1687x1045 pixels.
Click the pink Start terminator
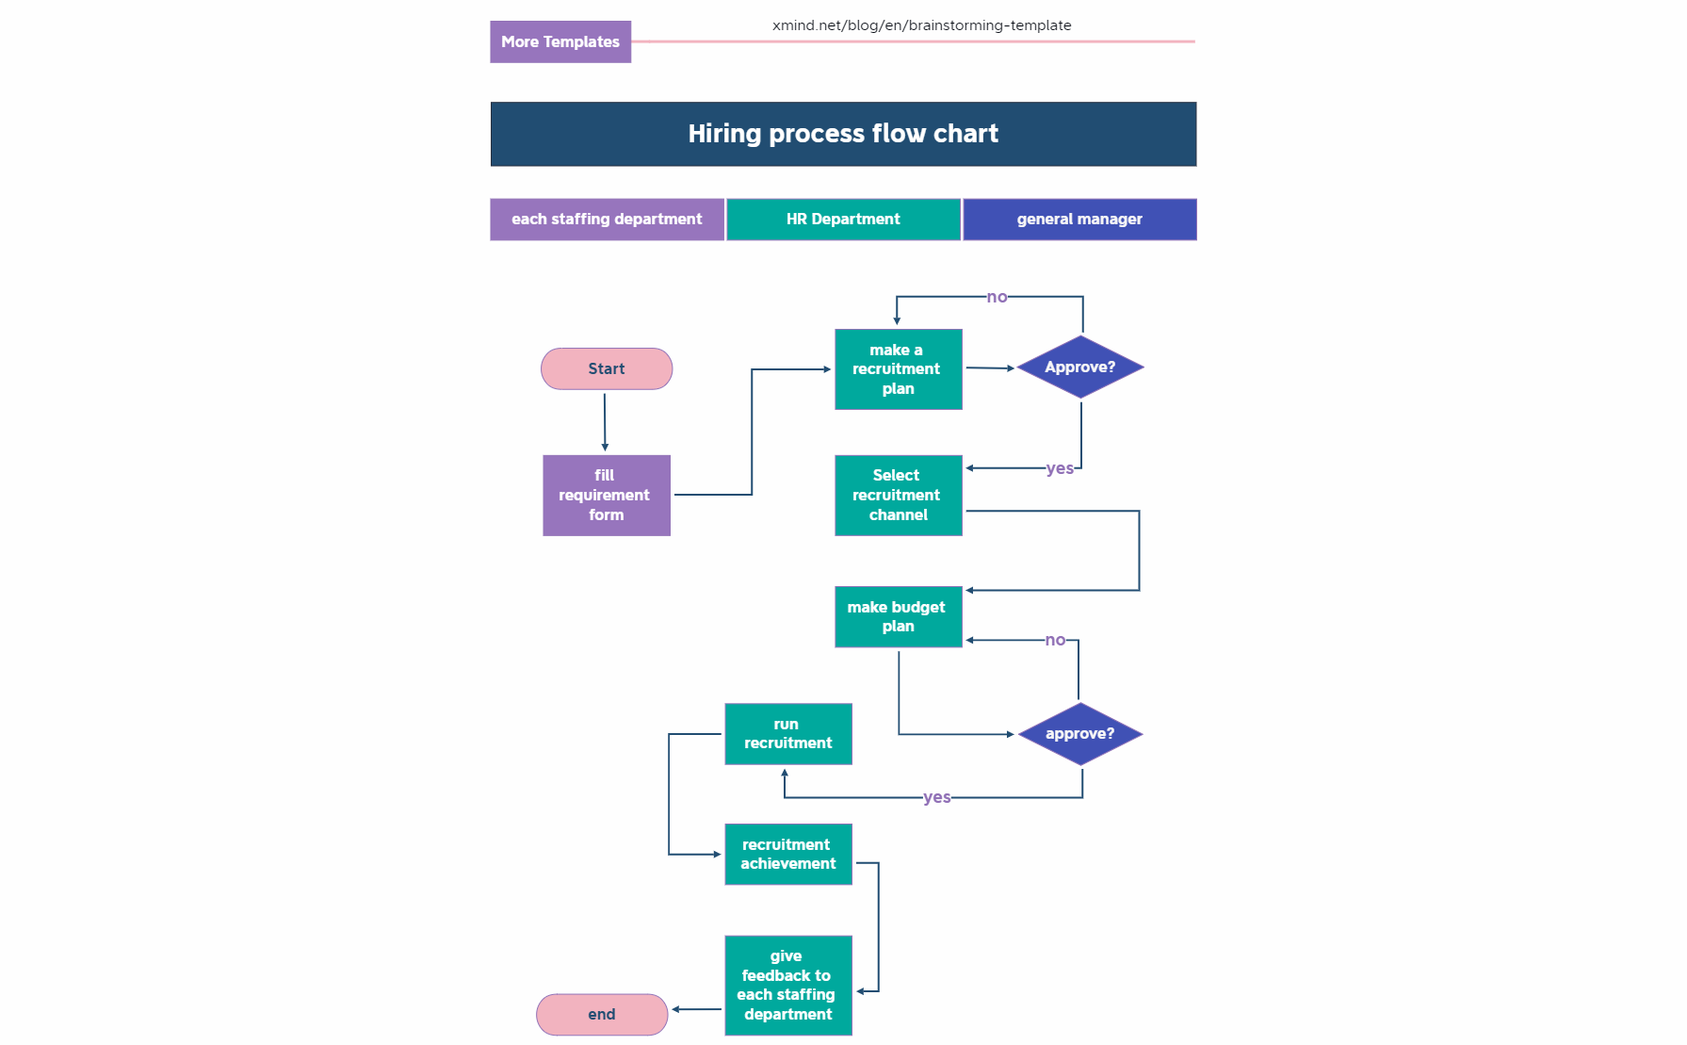[x=607, y=368]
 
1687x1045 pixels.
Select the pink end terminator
[x=602, y=1014]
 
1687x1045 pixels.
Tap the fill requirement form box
[x=606, y=496]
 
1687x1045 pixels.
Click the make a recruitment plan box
[x=898, y=369]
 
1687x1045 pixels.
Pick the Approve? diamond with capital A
[x=1080, y=367]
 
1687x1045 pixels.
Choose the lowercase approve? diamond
[x=1080, y=734]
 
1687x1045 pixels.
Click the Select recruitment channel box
[x=898, y=496]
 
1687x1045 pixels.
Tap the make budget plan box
[x=898, y=617]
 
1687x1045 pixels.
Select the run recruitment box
[x=787, y=734]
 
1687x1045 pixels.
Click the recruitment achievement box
[x=787, y=855]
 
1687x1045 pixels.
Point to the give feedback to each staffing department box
[x=787, y=986]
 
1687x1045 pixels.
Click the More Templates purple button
[x=560, y=42]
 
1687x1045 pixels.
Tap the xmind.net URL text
[x=921, y=25]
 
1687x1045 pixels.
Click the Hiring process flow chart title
[x=843, y=134]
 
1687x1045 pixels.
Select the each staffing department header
[x=607, y=220]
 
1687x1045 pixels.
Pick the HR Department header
[x=843, y=220]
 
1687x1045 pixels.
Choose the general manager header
[x=1079, y=220]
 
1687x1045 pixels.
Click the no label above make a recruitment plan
[x=997, y=297]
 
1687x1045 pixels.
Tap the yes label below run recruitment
[x=936, y=797]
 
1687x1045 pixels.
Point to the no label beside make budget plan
[x=1055, y=640]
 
